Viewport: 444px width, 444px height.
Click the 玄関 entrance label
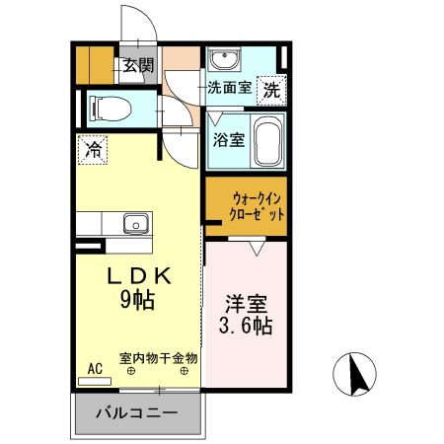click(x=138, y=67)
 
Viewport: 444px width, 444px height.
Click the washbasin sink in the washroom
click(x=222, y=62)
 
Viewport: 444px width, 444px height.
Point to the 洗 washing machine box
click(x=271, y=88)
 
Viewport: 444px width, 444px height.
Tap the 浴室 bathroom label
click(x=228, y=139)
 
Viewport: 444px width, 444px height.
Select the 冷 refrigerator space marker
click(x=93, y=151)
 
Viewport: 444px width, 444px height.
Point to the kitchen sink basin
click(x=136, y=223)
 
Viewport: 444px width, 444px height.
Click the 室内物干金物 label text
click(x=158, y=358)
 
